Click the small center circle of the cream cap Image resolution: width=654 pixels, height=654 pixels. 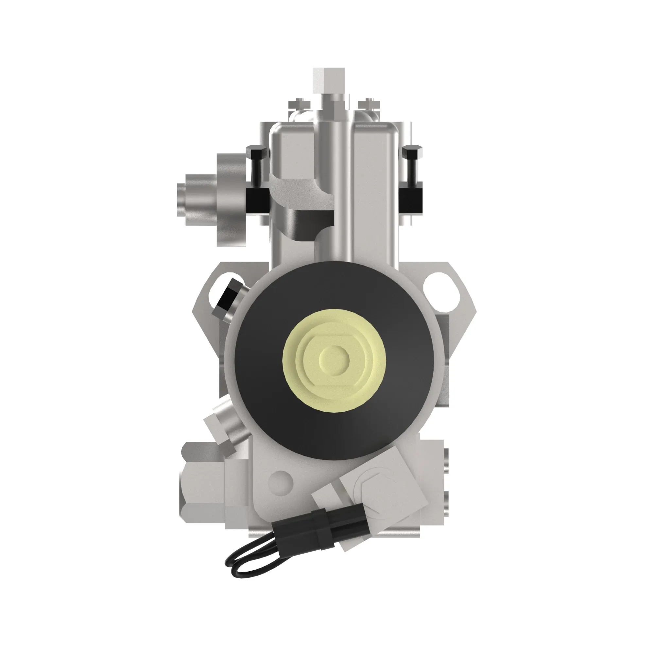pos(334,357)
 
